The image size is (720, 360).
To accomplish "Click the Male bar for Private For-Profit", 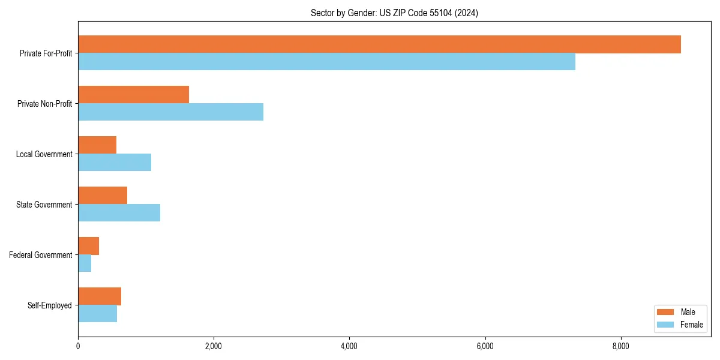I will [379, 44].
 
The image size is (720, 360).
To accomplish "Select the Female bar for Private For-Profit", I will [326, 62].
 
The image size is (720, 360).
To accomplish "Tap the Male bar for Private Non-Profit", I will [133, 95].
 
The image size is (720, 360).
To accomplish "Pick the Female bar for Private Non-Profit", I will [170, 112].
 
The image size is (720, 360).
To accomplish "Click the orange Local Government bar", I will [97, 145].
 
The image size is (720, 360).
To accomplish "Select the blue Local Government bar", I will [115, 163].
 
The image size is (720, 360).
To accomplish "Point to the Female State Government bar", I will [119, 213].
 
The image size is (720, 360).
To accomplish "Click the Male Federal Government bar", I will [88, 246].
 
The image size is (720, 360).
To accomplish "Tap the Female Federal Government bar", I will [85, 263].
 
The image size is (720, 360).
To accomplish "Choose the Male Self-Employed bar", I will [100, 296].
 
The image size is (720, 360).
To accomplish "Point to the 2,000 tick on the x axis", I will [214, 346].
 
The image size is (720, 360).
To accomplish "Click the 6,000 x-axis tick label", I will [485, 346].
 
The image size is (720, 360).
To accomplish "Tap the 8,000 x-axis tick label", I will [620, 346].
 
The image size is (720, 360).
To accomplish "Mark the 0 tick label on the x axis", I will [78, 346].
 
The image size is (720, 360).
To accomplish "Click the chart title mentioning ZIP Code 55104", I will [394, 13].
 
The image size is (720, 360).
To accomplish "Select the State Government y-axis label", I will [44, 205].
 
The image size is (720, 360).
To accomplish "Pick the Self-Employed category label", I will [50, 305].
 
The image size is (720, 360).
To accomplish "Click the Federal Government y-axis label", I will [41, 255].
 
